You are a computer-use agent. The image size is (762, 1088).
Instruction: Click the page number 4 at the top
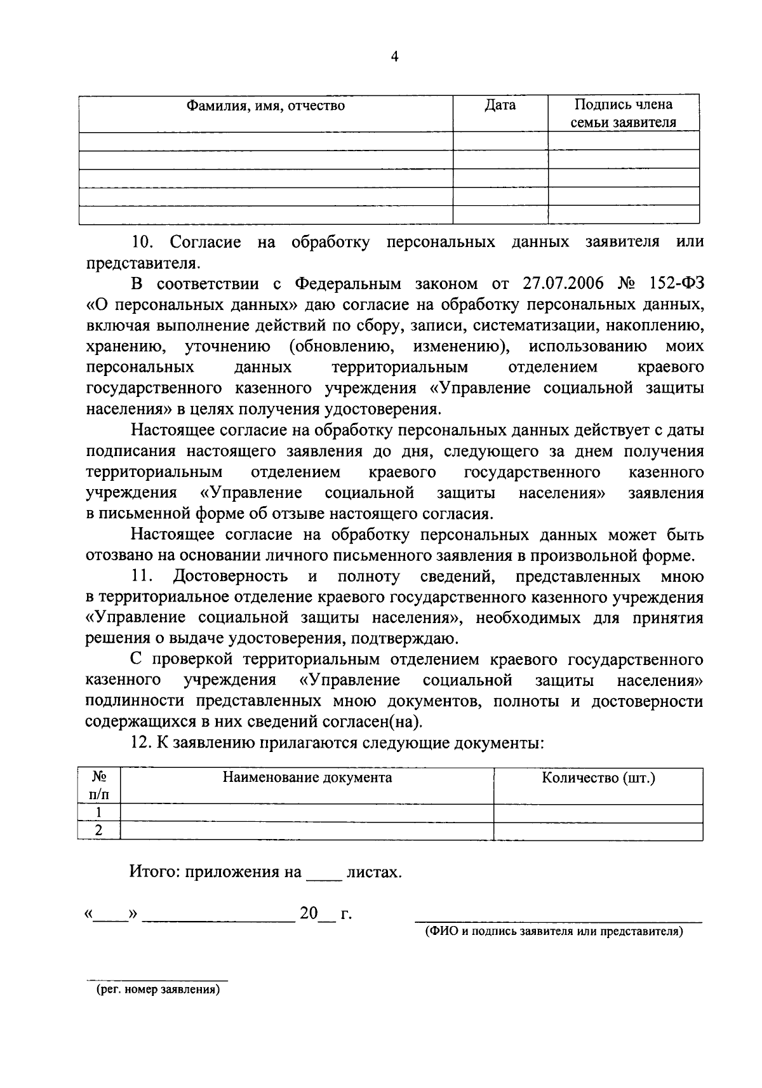point(394,57)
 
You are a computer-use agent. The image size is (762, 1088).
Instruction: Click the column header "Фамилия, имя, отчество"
point(265,105)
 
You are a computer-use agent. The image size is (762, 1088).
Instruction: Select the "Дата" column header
point(500,105)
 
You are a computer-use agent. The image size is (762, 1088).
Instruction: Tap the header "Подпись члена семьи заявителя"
point(623,113)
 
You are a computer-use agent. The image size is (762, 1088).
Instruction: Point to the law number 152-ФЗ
point(672,283)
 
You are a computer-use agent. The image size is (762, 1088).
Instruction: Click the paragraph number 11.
point(143,577)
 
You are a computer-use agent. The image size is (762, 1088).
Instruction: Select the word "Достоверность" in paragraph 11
point(231,577)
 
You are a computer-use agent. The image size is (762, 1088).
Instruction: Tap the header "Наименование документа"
point(307,777)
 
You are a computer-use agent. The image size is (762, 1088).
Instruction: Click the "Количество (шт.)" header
point(598,777)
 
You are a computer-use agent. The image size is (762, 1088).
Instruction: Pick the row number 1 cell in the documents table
point(99,813)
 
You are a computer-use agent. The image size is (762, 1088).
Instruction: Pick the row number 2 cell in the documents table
point(99,831)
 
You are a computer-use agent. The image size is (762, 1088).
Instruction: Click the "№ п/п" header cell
point(98,786)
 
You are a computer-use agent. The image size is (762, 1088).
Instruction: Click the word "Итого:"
point(156,872)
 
